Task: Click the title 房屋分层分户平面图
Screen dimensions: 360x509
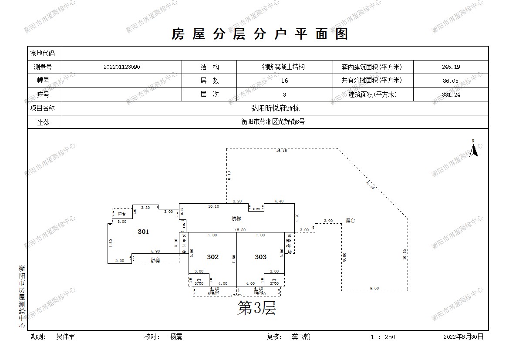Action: (260, 34)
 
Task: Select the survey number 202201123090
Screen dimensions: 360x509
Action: (122, 67)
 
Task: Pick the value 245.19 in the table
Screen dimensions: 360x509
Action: (450, 67)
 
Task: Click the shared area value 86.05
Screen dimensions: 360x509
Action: (450, 81)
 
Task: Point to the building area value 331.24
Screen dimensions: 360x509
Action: (450, 94)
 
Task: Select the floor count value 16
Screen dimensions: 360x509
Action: (284, 81)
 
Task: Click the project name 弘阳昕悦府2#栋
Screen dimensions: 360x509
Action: (275, 108)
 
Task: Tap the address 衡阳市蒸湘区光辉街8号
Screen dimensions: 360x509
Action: (273, 122)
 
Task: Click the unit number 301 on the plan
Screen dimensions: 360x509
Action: (143, 232)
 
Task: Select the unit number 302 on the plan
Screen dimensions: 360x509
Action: (212, 257)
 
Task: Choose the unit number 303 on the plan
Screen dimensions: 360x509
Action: (260, 257)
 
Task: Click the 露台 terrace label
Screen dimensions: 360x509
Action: (351, 221)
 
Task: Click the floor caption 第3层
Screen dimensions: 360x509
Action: (256, 308)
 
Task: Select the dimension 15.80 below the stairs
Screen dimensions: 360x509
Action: (240, 230)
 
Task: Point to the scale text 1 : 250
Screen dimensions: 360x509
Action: (383, 337)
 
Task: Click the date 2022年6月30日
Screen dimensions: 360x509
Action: (463, 336)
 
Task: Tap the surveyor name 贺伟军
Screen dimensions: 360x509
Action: (65, 336)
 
